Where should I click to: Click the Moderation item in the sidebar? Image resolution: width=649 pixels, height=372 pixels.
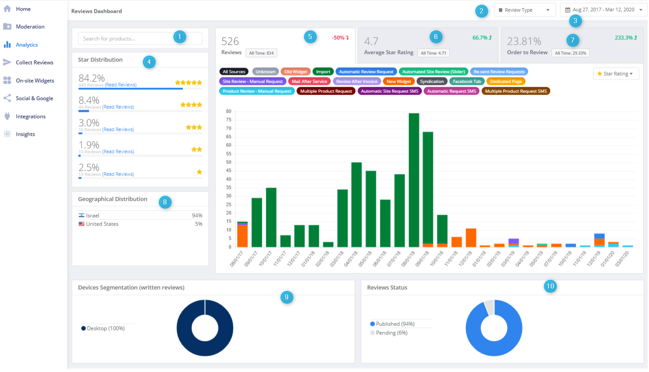pyautogui.click(x=30, y=27)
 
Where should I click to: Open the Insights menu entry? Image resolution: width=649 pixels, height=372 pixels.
pyautogui.click(x=25, y=134)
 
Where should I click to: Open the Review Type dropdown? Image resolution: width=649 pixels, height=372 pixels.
pyautogui.click(x=525, y=10)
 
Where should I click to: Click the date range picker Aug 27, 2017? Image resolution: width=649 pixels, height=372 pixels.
pyautogui.click(x=603, y=10)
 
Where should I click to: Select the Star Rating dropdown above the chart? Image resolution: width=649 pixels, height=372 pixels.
pyautogui.click(x=616, y=74)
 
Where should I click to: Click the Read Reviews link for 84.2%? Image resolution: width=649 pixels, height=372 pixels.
pyautogui.click(x=120, y=85)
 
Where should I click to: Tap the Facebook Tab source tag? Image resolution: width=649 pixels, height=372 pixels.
pyautogui.click(x=467, y=81)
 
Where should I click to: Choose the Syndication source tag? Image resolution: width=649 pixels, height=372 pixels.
pyautogui.click(x=432, y=81)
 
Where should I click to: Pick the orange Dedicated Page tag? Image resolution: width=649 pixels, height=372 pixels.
pyautogui.click(x=506, y=81)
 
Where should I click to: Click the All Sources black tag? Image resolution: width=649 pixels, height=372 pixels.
pyautogui.click(x=234, y=72)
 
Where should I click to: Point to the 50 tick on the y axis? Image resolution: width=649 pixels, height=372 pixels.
pyautogui.click(x=228, y=162)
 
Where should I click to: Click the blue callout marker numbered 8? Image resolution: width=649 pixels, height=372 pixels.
pyautogui.click(x=165, y=202)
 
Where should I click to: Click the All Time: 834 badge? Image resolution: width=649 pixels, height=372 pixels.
pyautogui.click(x=261, y=53)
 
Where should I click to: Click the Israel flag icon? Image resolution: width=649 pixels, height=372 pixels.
pyautogui.click(x=81, y=215)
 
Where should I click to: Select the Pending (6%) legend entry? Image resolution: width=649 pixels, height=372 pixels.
pyautogui.click(x=391, y=333)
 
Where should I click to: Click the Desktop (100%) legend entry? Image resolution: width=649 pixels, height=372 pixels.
pyautogui.click(x=105, y=328)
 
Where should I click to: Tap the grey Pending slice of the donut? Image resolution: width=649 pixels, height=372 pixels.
pyautogui.click(x=489, y=307)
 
